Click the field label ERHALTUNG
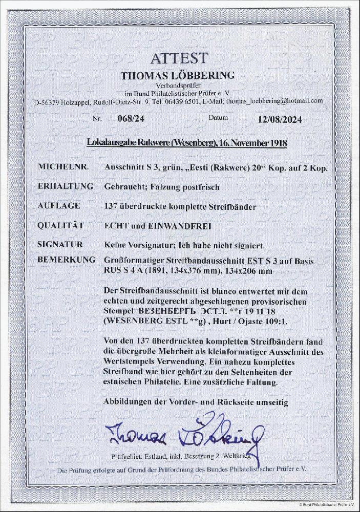pos(65,187)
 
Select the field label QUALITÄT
pos(61,226)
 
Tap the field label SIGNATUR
pos(60,245)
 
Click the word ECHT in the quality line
pos(117,226)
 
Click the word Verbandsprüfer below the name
pos(178,86)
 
